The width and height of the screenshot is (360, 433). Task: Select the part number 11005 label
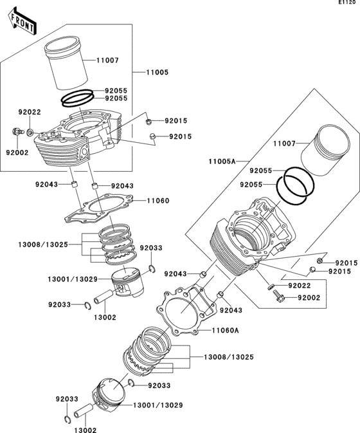pyautogui.click(x=157, y=73)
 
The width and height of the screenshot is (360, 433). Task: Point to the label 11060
pyautogui.click(x=157, y=201)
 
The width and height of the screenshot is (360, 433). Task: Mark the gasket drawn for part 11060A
pyautogui.click(x=186, y=309)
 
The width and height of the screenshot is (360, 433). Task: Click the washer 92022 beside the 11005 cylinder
pyautogui.click(x=31, y=132)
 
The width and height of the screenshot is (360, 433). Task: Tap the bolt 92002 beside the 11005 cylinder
pyautogui.click(x=15, y=133)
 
